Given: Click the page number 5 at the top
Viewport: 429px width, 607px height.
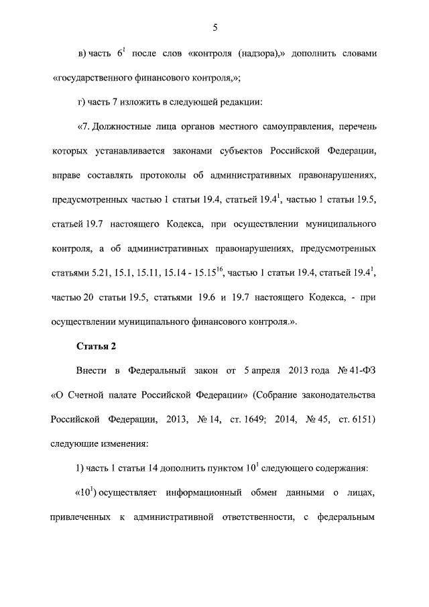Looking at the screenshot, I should pyautogui.click(x=214, y=28).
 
